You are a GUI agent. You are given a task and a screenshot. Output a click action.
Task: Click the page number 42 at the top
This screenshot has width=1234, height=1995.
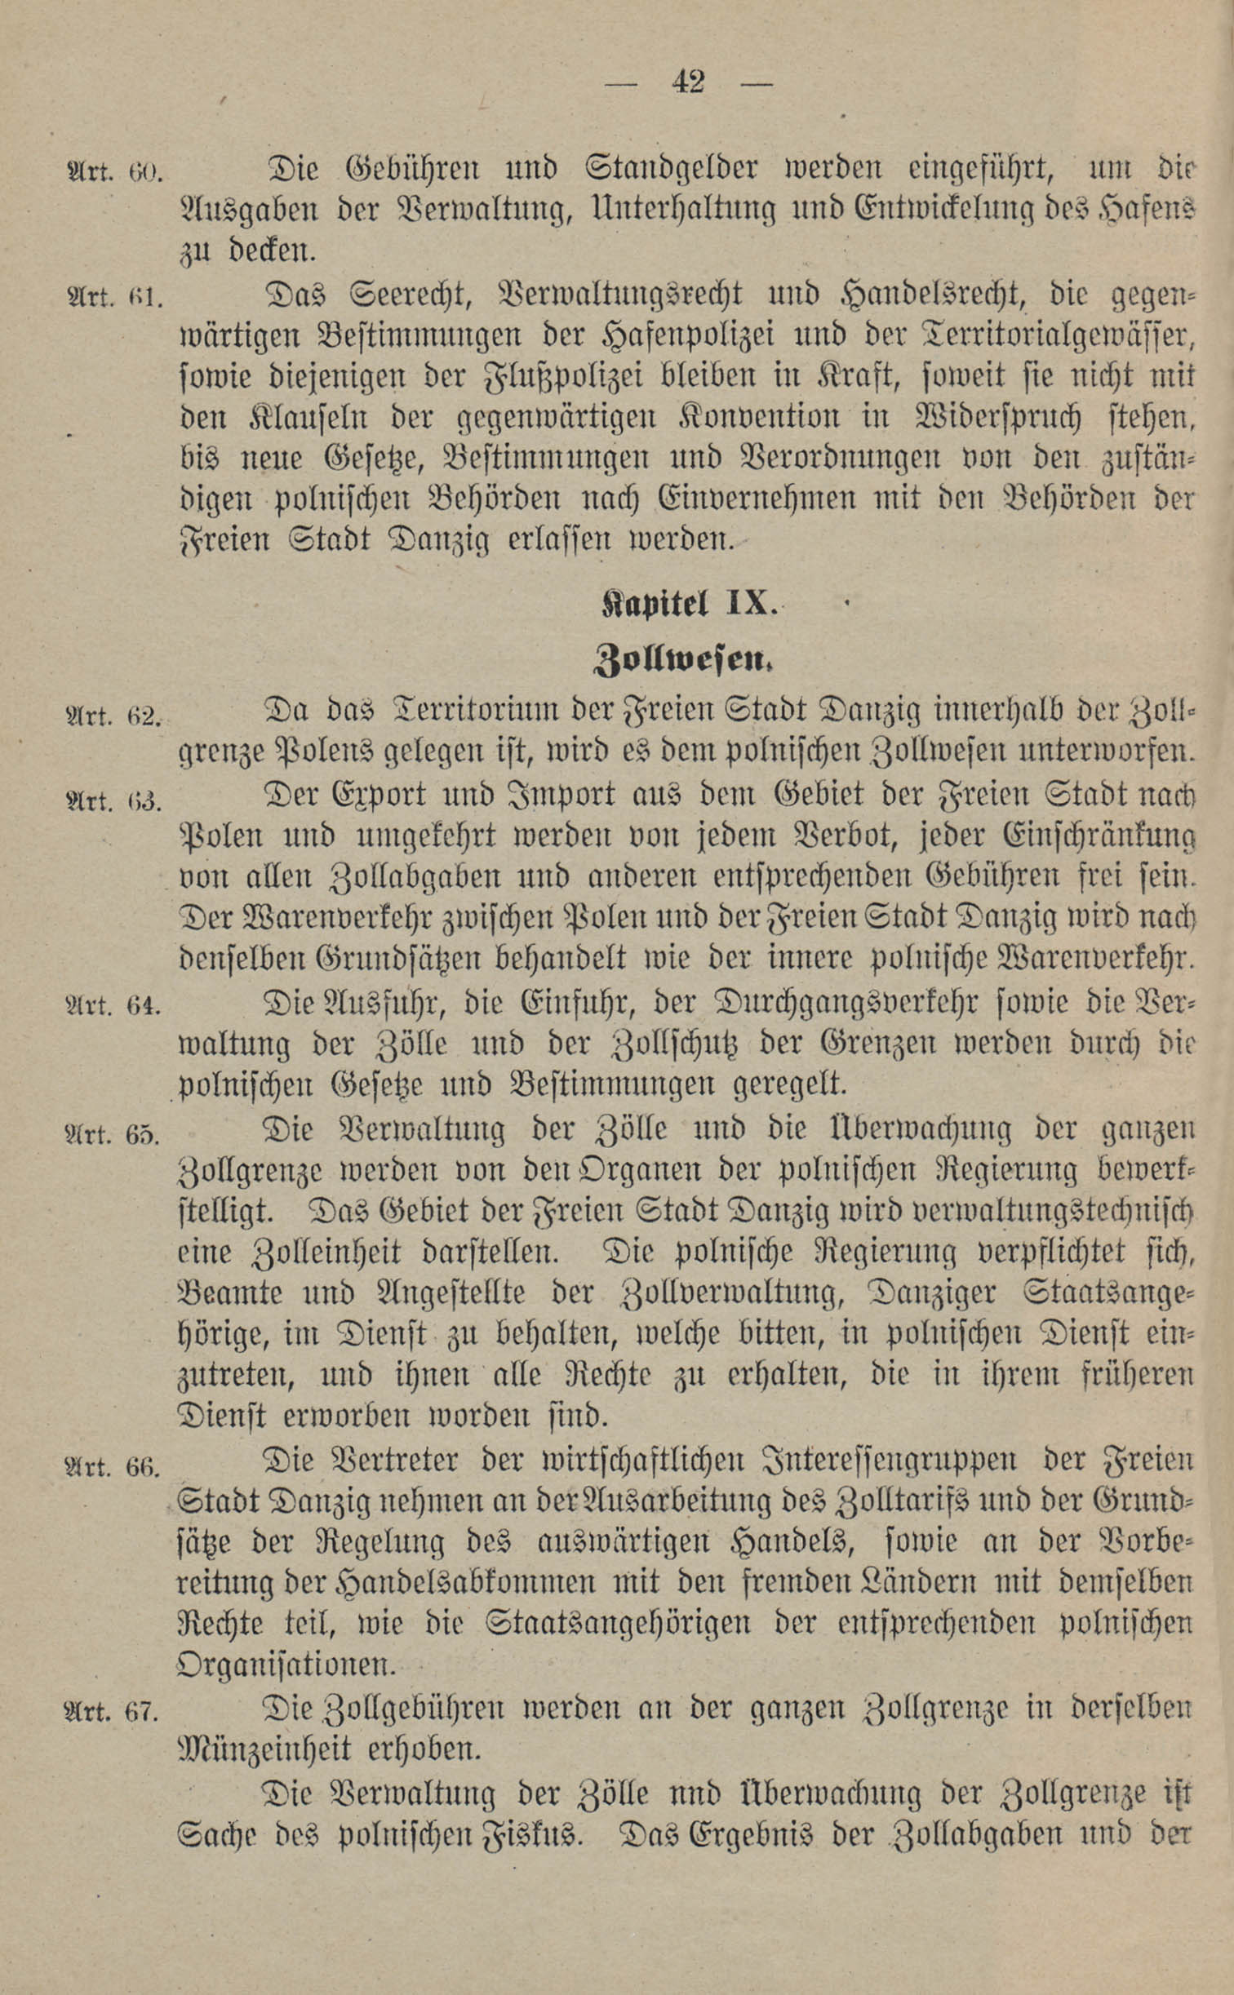tap(688, 82)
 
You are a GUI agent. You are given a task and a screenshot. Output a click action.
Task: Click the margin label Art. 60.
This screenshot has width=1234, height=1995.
tap(115, 173)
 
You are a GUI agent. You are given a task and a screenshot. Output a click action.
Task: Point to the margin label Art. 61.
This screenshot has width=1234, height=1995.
tap(115, 297)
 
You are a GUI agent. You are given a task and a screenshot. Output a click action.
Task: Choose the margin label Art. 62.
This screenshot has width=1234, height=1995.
tap(113, 716)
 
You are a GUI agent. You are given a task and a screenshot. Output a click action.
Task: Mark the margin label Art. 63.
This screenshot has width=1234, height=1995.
tap(113, 800)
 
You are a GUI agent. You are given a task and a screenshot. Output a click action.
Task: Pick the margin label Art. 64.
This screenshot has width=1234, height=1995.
tap(113, 1005)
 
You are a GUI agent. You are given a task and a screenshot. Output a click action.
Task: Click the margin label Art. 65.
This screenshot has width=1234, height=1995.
tap(113, 1133)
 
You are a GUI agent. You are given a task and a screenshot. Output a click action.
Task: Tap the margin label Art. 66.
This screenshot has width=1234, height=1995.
tap(113, 1466)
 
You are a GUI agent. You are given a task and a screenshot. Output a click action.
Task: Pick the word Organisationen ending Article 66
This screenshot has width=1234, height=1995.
tap(286, 1664)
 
